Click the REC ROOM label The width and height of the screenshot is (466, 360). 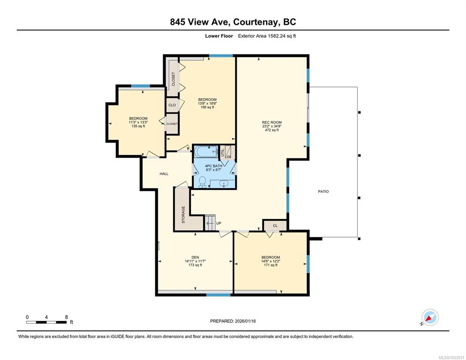271,122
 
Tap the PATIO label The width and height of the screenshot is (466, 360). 323,191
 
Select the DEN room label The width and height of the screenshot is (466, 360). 195,257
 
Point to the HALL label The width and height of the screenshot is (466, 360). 164,173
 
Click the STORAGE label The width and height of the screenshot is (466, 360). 183,215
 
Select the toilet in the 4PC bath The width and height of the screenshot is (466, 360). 203,182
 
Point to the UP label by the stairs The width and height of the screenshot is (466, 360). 219,223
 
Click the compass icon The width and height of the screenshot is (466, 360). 430,317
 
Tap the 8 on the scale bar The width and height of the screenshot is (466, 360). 66,317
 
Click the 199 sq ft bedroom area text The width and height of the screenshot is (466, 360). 207,107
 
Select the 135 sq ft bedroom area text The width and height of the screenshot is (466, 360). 138,126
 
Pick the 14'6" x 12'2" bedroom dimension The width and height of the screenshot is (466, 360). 271,261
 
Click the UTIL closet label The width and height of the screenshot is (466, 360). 223,152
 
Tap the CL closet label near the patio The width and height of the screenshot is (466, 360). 275,225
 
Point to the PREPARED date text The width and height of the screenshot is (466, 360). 233,321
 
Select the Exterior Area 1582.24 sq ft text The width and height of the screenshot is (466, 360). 267,36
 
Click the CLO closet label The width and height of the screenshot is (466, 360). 172,105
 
